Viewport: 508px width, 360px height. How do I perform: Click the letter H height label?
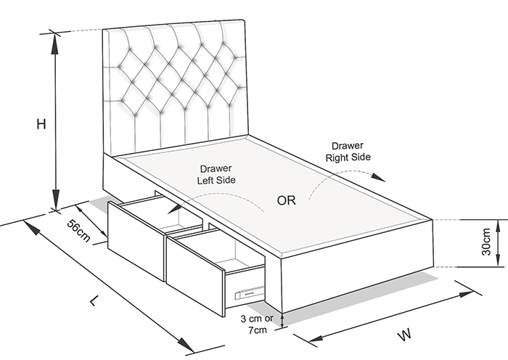(41, 124)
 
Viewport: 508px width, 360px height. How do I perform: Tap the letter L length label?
(94, 301)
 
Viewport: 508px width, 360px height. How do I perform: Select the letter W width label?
(404, 335)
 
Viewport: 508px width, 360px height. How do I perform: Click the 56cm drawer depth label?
(78, 230)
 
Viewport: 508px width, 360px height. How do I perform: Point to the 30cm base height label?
(486, 242)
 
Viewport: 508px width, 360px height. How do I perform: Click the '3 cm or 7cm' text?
(257, 324)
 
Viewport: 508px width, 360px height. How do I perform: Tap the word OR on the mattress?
(287, 200)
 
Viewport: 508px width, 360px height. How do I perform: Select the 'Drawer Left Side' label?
(216, 174)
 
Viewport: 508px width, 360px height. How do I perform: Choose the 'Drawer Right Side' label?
(348, 151)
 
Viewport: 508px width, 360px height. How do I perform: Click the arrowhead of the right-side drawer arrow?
(378, 177)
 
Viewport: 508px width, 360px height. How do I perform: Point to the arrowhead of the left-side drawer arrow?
(174, 208)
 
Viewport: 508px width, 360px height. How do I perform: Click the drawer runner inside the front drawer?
(249, 293)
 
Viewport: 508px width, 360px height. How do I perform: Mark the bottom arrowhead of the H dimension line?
(56, 200)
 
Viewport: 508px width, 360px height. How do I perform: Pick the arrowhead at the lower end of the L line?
(185, 345)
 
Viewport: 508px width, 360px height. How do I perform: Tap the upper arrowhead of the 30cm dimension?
(497, 224)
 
